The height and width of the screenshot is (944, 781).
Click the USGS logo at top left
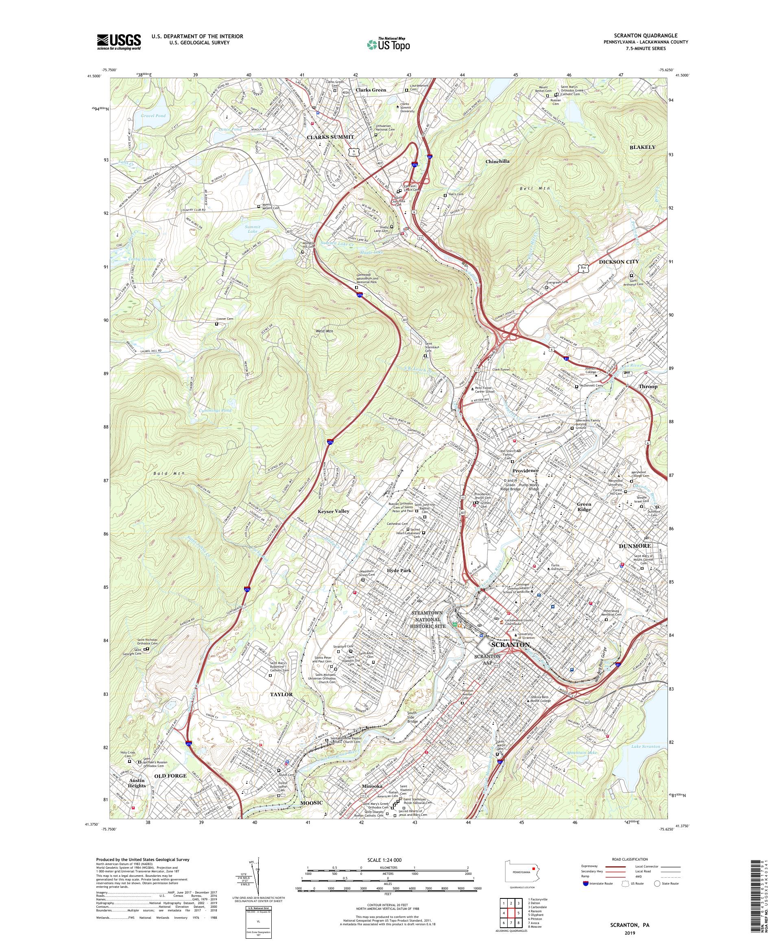pyautogui.click(x=119, y=42)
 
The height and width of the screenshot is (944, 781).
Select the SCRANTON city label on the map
pyautogui.click(x=511, y=644)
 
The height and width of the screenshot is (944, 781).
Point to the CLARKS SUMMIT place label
pyautogui.click(x=330, y=137)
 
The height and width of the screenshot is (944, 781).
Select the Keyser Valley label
pyautogui.click(x=334, y=511)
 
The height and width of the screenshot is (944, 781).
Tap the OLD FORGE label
pyautogui.click(x=170, y=776)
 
